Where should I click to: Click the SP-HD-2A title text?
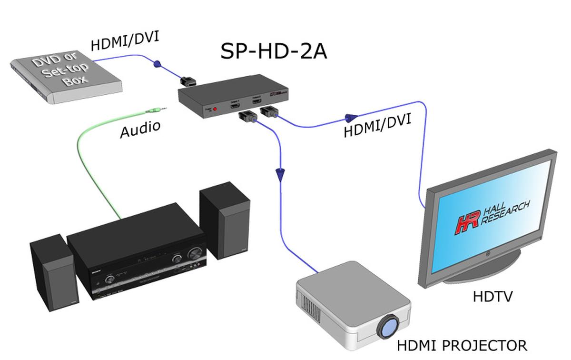(273, 51)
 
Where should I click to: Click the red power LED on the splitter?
(215, 109)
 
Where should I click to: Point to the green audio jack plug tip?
(164, 109)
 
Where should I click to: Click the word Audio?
(140, 130)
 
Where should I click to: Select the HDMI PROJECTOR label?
(462, 345)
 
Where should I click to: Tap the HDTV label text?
(492, 297)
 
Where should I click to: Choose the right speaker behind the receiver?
(225, 221)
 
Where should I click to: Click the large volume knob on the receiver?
(194, 253)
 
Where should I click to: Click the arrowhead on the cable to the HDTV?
(351, 117)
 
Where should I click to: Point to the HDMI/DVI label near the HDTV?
(377, 125)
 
